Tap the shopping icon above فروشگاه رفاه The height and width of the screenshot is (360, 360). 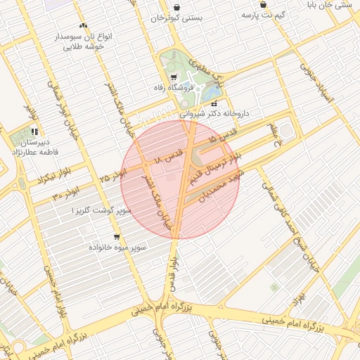coord(174,77)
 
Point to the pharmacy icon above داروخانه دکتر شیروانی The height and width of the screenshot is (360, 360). coord(214,103)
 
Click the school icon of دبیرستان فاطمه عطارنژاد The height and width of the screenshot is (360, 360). coord(34,131)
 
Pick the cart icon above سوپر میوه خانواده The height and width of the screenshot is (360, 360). coord(116,237)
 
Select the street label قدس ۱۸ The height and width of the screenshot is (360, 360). coord(169,155)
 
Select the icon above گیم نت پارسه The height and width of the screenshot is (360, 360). coord(263,4)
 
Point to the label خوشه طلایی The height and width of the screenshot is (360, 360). coord(84,46)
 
